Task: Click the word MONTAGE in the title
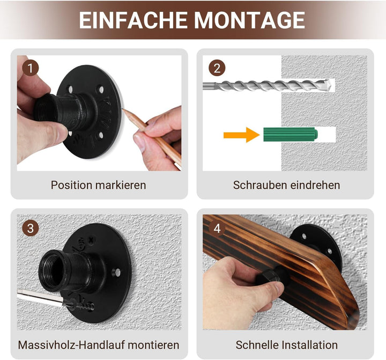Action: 249,20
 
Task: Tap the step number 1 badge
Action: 31,68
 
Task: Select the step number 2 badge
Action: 217,68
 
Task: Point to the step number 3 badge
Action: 31,227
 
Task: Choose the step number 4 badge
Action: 217,228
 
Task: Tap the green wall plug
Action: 290,134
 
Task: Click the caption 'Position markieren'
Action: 98,185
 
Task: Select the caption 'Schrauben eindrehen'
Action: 286,185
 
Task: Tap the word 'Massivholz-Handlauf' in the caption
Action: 70,344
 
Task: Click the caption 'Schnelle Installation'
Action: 286,344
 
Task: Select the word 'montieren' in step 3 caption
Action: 152,344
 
